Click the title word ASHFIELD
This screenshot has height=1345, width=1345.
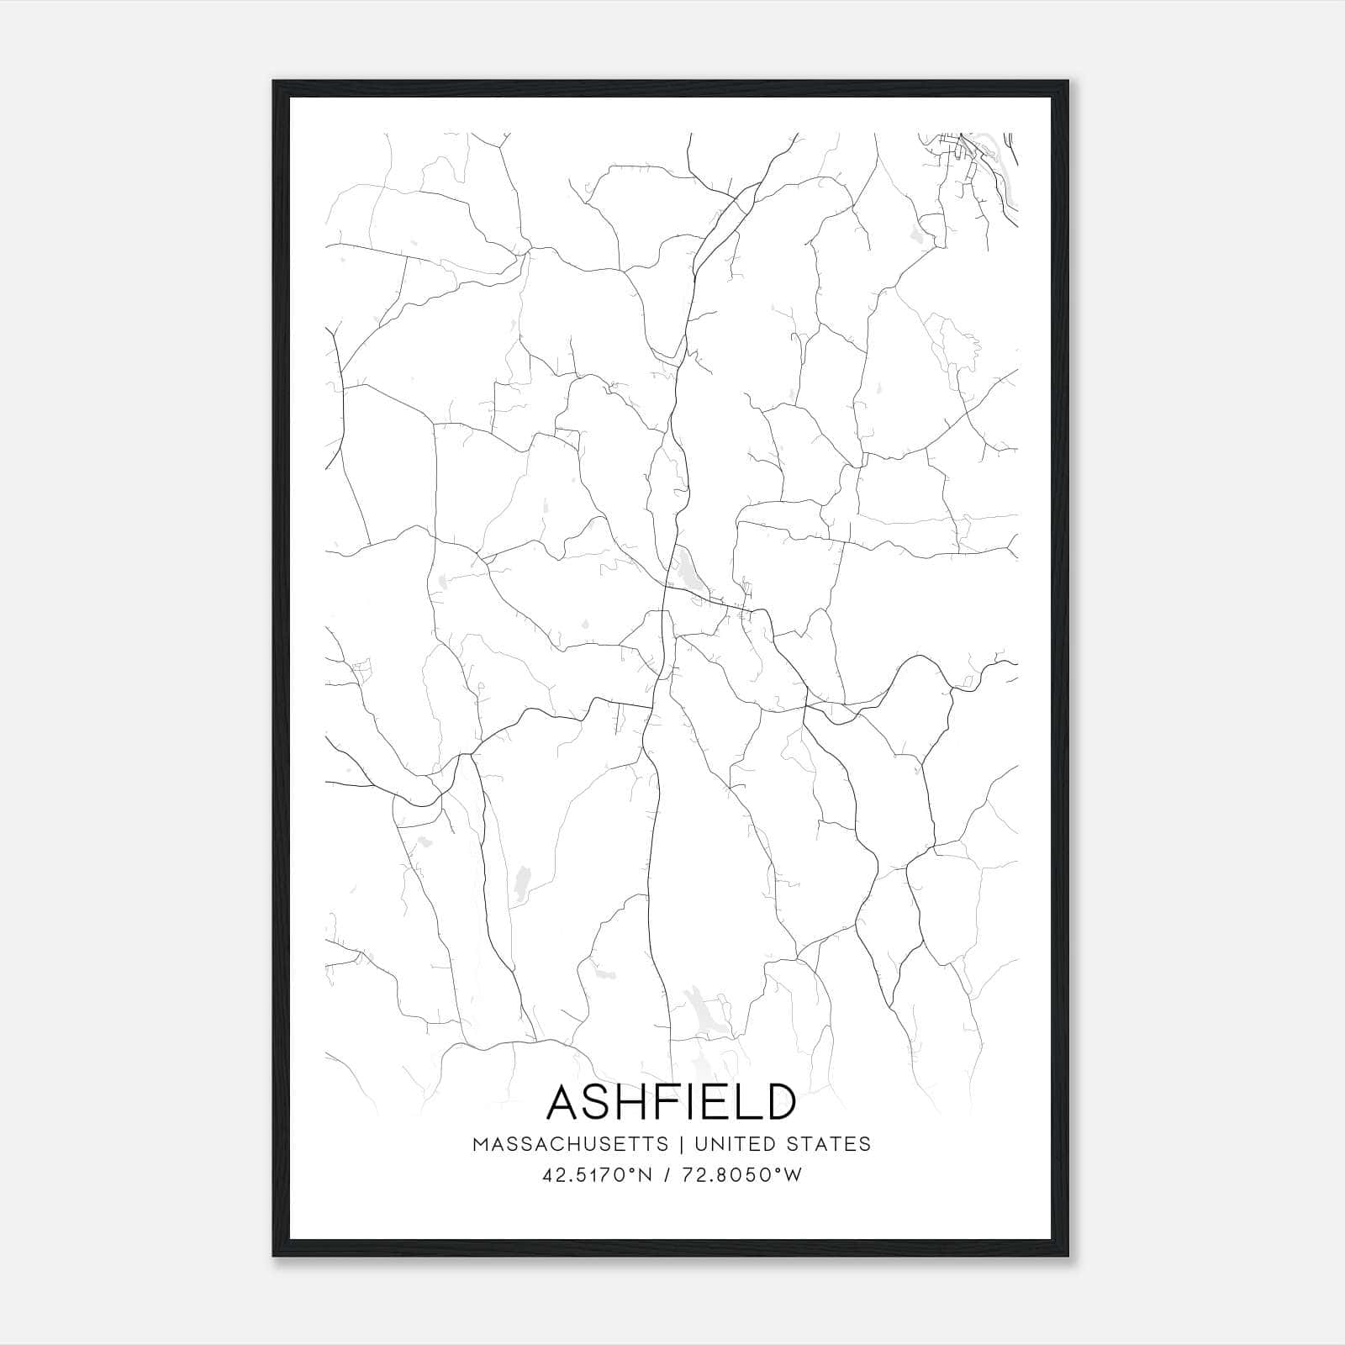pos(672,1102)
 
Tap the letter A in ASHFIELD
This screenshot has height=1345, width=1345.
pos(566,1102)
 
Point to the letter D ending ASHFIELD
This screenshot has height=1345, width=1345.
pos(778,1102)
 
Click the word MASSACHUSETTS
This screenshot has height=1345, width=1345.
pos(571,1144)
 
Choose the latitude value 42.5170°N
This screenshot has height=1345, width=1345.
pos(598,1175)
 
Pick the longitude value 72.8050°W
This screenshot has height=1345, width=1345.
pos(741,1175)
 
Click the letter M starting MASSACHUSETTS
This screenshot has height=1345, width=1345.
pos(480,1144)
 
